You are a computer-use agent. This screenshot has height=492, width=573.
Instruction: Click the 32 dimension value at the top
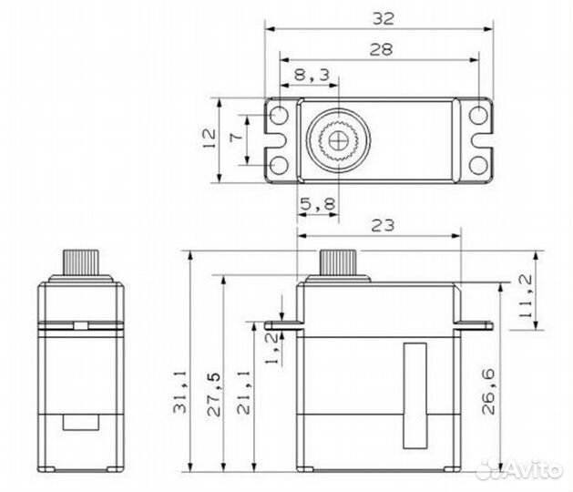(384, 18)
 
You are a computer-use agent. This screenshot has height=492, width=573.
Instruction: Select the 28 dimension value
(381, 49)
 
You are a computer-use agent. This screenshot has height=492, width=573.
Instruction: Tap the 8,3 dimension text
(312, 75)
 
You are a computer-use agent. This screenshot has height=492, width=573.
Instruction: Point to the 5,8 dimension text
(317, 204)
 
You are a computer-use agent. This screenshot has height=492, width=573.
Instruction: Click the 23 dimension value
(383, 226)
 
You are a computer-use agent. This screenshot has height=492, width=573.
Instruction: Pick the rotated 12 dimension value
(210, 138)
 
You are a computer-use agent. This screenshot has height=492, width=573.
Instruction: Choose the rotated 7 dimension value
(236, 138)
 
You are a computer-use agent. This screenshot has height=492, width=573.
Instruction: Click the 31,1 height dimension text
(179, 392)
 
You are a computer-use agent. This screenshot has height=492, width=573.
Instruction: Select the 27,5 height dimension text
(214, 395)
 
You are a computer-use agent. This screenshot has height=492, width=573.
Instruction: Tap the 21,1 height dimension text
(244, 392)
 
